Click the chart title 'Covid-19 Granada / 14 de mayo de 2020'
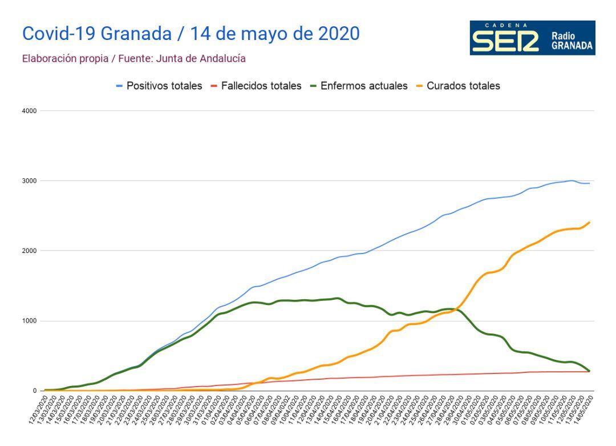pos(191,34)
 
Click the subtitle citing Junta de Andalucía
pos(134,58)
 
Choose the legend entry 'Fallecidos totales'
pos(257,86)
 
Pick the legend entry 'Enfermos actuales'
pos(359,86)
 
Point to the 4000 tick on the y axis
pos(30,111)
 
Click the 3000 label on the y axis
pos(30,181)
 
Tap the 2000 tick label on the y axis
pos(30,251)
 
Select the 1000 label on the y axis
pos(30,321)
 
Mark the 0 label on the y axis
pos(34,391)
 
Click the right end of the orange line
pos(589,222)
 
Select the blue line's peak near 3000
pos(571,180)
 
